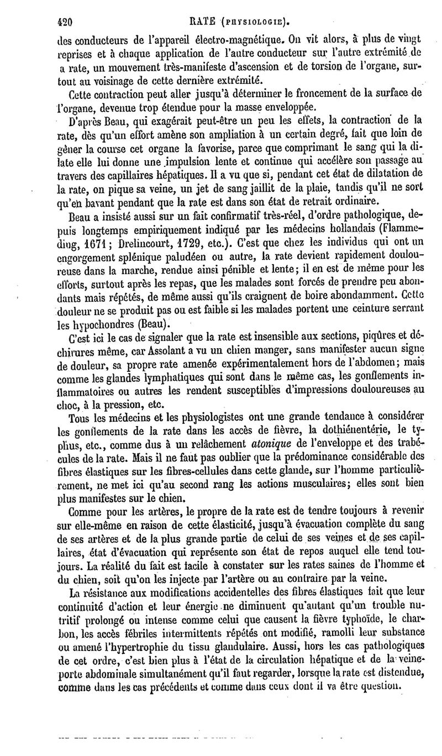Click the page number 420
point(66,23)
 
